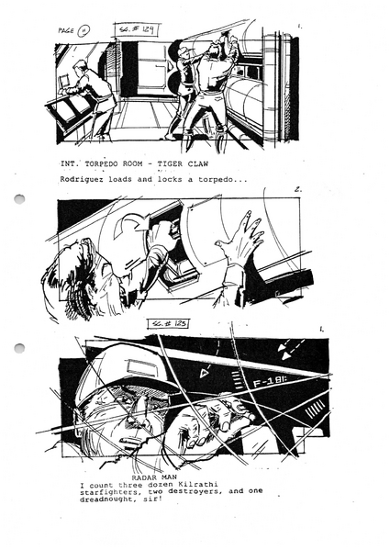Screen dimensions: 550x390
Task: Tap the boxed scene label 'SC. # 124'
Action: coord(137,30)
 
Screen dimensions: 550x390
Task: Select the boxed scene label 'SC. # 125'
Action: coord(170,324)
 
